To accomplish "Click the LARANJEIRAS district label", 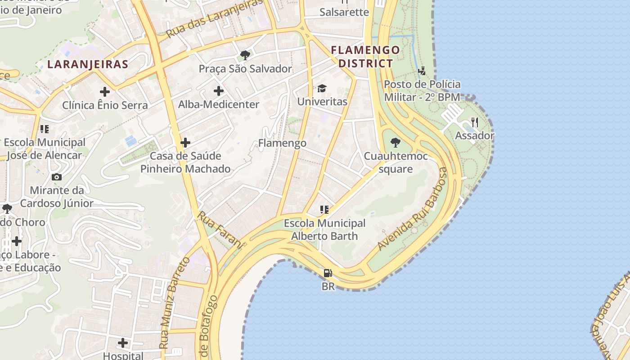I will click(x=88, y=64).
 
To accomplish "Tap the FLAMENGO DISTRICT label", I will click(x=365, y=56).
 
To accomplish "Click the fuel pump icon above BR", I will click(x=328, y=273).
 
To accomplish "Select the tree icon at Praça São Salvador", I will click(x=245, y=55).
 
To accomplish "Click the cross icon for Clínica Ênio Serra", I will click(x=105, y=92).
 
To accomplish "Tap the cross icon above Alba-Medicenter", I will click(x=219, y=91).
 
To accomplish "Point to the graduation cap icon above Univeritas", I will click(x=322, y=88).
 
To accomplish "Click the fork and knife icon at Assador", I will click(x=474, y=122).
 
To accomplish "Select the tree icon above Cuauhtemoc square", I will click(x=396, y=143).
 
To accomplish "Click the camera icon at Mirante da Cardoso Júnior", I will click(x=57, y=177).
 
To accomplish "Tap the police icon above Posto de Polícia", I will click(x=422, y=71).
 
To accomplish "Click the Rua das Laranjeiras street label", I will click(x=214, y=19).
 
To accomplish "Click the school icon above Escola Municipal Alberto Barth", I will click(x=324, y=209).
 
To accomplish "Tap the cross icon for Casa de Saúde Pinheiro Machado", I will click(x=185, y=143).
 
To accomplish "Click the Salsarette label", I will click(x=344, y=12).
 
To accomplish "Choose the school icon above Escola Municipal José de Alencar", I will click(x=45, y=129).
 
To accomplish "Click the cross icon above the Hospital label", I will click(x=123, y=343).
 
